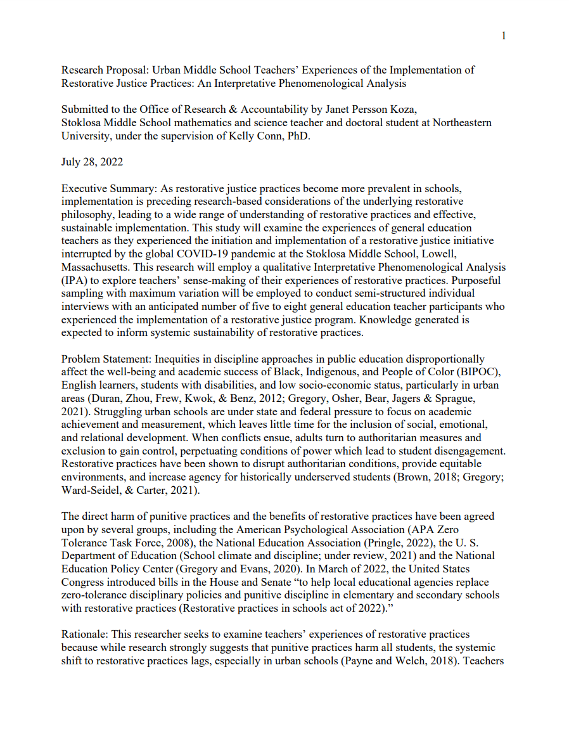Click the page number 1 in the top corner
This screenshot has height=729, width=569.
point(504,36)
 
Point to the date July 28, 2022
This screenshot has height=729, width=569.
point(92,162)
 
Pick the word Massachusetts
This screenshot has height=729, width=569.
point(93,267)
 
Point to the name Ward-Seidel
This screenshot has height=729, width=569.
point(89,490)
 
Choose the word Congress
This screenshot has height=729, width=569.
point(82,582)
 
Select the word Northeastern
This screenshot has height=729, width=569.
point(462,122)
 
